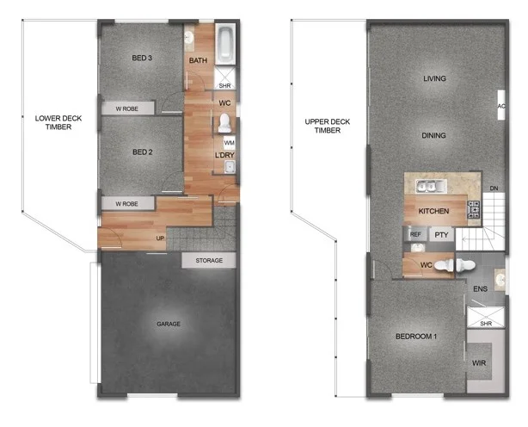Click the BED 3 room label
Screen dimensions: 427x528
143,59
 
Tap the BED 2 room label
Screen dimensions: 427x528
143,152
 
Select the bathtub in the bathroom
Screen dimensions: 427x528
224,46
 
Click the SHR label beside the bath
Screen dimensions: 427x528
224,85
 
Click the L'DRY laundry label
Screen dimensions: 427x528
224,155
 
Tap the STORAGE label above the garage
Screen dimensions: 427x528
209,260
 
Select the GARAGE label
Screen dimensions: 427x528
169,325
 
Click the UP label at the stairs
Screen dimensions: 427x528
160,238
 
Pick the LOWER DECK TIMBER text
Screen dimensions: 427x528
53,122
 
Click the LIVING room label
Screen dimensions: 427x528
435,79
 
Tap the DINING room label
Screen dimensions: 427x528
434,135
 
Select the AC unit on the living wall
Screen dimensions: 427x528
501,107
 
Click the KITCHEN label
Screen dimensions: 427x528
434,211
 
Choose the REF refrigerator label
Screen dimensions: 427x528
415,234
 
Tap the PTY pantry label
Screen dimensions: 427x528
441,234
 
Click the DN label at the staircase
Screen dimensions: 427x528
494,189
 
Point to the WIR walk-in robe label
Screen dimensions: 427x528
479,363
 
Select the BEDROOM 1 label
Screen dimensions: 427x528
415,336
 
